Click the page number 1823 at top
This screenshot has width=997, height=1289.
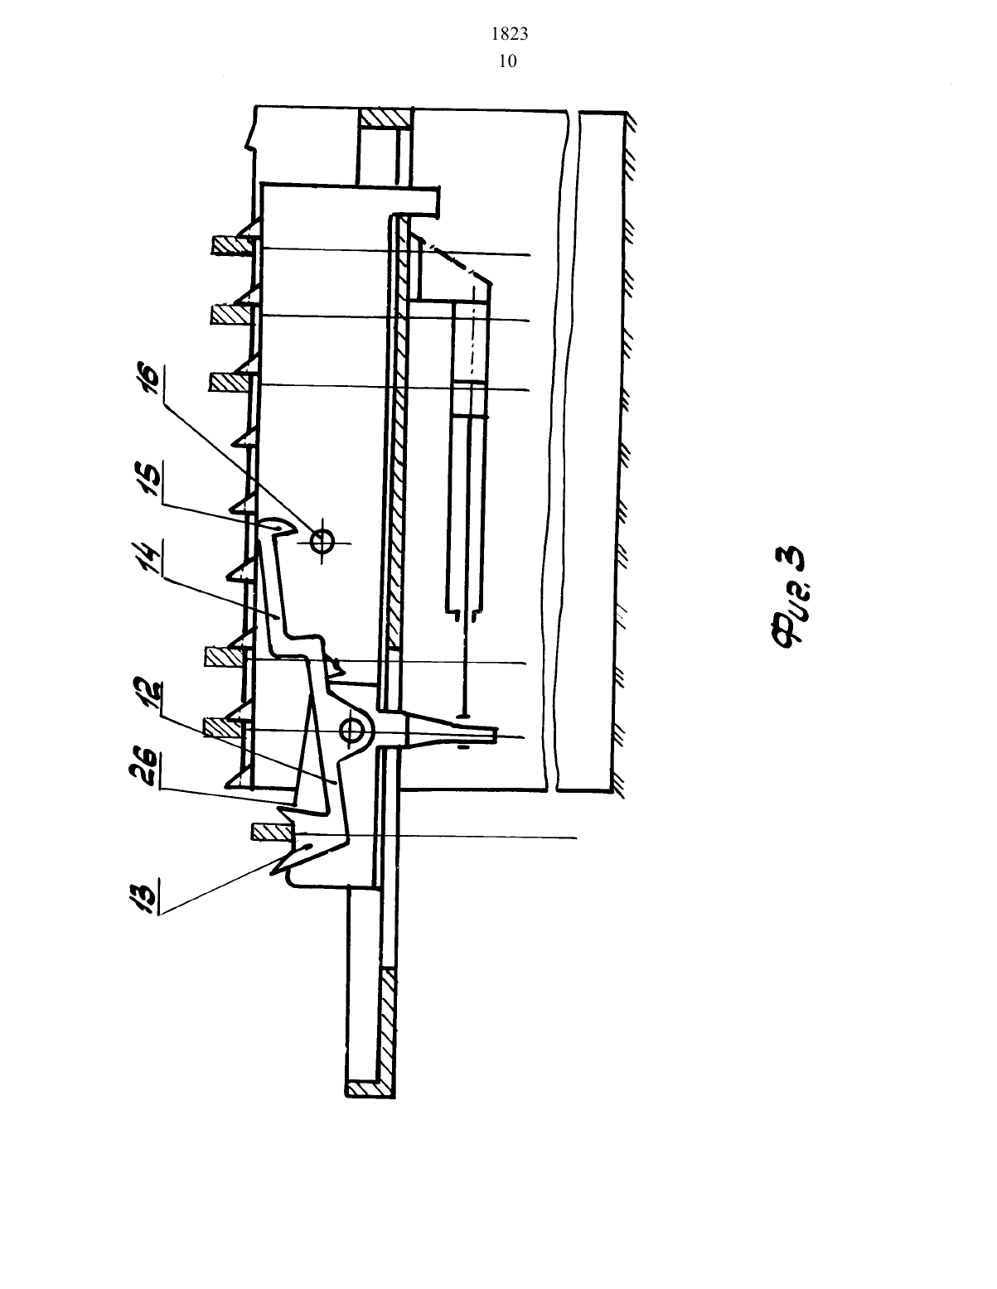(x=509, y=35)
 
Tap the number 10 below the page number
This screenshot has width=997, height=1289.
(x=508, y=61)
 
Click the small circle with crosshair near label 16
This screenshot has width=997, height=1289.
(x=322, y=541)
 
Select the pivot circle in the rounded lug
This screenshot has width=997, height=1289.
(x=351, y=730)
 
